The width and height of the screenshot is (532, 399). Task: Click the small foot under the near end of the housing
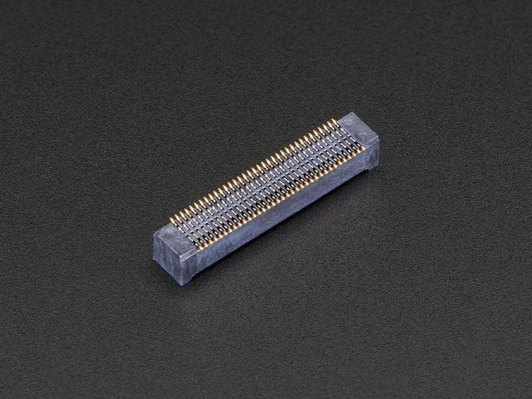[190, 280]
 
